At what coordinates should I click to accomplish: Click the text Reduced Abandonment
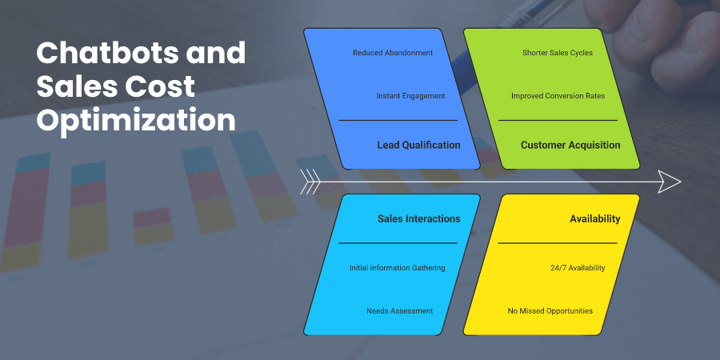[393, 53]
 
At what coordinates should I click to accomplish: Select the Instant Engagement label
[410, 96]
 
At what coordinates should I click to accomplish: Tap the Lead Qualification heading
[418, 145]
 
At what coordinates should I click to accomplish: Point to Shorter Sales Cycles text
[558, 53]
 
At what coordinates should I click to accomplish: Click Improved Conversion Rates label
[558, 96]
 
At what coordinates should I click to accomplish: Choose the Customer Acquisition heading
[570, 145]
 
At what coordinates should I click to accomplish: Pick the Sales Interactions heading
[418, 218]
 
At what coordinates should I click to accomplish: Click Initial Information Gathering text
[397, 267]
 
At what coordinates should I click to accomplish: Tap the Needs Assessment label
[399, 310]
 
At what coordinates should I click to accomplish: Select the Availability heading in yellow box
[594, 218]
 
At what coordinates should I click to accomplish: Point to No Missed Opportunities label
[550, 310]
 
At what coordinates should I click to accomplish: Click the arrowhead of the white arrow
[670, 182]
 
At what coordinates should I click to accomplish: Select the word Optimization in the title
[137, 121]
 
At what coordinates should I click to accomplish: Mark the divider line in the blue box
[398, 120]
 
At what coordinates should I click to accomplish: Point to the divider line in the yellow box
[558, 242]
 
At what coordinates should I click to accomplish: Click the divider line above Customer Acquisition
[558, 120]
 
